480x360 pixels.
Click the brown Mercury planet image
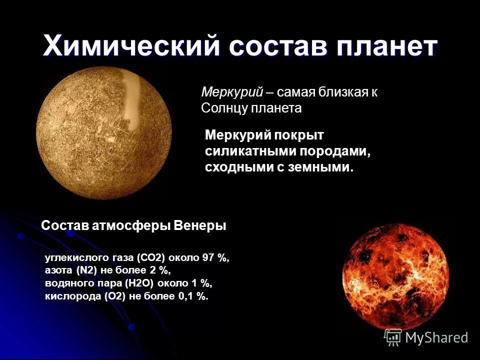click(x=104, y=132)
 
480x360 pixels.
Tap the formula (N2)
click(x=86, y=271)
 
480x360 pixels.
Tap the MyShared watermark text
click(x=436, y=338)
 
